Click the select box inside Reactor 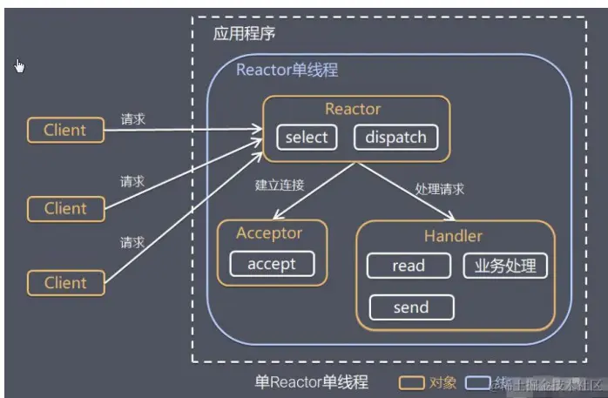click(x=307, y=138)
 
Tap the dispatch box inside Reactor click(x=395, y=138)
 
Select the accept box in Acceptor click(x=272, y=264)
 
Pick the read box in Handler click(x=409, y=266)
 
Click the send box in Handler click(x=411, y=307)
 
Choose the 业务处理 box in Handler click(x=505, y=266)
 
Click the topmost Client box click(x=65, y=131)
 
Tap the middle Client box click(x=65, y=208)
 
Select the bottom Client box click(x=65, y=282)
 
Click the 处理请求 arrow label click(x=440, y=189)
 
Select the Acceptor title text click(x=269, y=233)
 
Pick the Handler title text click(x=453, y=236)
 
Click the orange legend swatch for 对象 click(x=411, y=381)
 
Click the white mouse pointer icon click(x=20, y=65)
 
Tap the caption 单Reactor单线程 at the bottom click(x=311, y=381)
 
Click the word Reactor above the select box click(x=353, y=109)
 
